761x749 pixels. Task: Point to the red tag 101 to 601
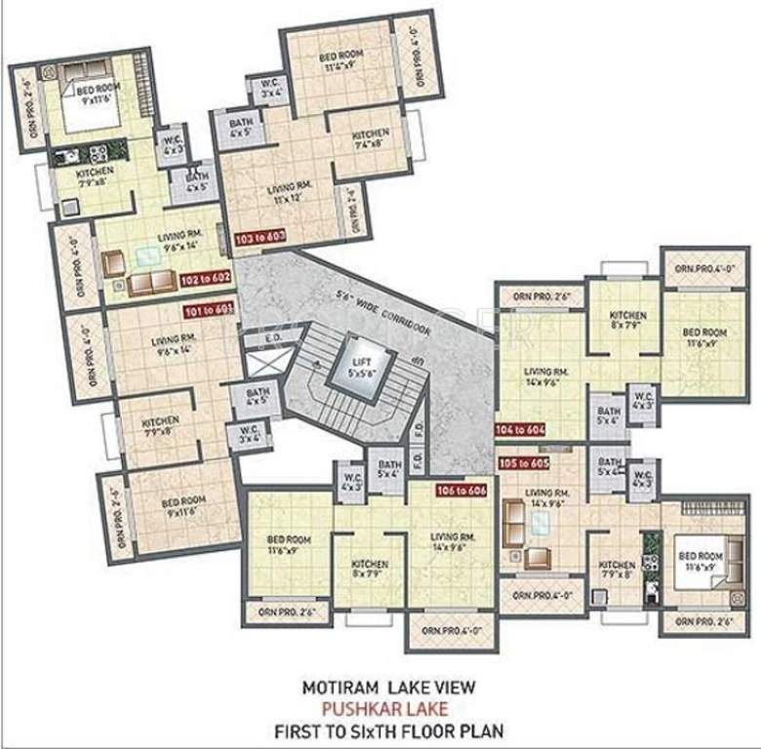pos(208,311)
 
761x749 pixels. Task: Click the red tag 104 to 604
pos(519,428)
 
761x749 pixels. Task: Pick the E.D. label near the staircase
pos(275,339)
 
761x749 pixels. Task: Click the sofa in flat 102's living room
pos(151,283)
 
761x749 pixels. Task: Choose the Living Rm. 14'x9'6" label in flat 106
pos(454,543)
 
